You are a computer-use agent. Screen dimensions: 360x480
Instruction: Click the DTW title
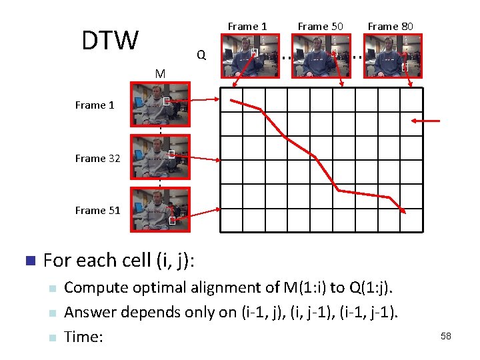[109, 41]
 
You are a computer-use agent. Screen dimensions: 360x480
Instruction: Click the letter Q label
[201, 55]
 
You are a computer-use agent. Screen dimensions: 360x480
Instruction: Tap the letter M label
[160, 73]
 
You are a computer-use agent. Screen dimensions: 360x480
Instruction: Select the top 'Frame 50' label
[320, 27]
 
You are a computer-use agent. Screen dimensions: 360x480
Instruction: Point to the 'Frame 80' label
[390, 27]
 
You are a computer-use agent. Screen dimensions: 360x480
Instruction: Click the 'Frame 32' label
[97, 158]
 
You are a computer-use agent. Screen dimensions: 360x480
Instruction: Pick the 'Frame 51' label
[97, 210]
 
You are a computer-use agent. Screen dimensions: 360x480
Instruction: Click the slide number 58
[445, 336]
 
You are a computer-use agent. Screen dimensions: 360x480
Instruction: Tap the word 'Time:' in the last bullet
[83, 337]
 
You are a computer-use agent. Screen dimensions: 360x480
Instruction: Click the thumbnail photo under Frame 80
[392, 56]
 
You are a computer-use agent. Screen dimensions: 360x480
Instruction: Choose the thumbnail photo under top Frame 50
[322, 56]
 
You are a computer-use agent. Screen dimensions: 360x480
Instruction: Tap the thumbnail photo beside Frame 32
[161, 157]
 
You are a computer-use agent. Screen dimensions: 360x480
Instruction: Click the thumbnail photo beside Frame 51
[161, 209]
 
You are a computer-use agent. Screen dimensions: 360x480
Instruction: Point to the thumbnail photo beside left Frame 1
[161, 104]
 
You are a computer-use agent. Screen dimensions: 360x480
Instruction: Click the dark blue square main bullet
[28, 260]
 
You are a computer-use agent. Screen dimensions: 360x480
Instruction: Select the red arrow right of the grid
[426, 121]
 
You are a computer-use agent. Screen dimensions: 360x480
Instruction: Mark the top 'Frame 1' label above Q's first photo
[247, 27]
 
